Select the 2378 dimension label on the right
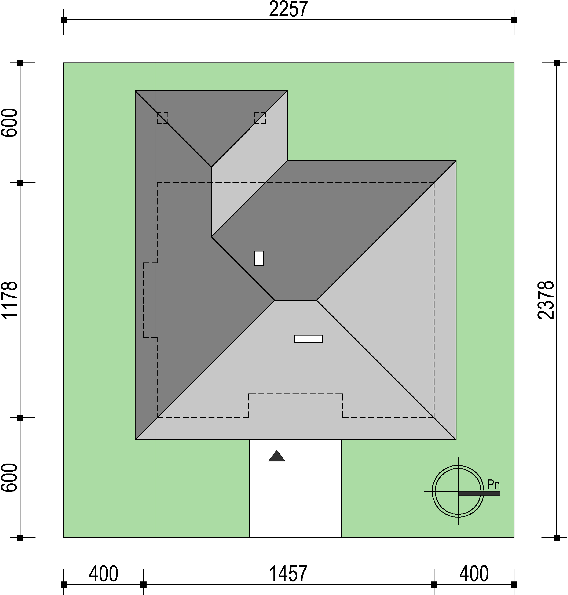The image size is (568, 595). tap(546, 300)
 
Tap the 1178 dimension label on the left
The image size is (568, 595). tap(9, 300)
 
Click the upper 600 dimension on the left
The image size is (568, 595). tap(9, 123)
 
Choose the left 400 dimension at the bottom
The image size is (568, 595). tap(104, 573)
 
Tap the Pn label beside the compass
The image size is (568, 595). tap(493, 485)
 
